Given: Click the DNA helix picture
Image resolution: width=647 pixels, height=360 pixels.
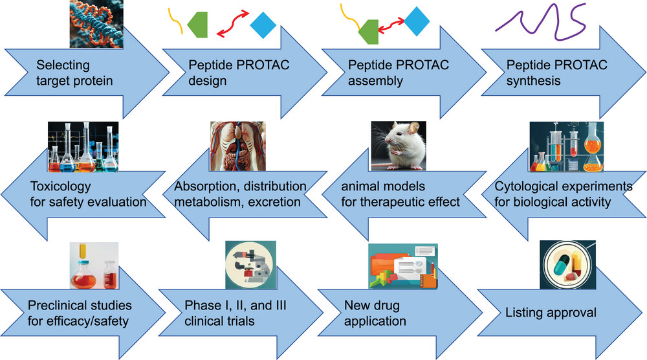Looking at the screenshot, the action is point(96,23).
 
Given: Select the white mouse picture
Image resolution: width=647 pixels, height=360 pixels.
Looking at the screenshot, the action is point(399,146).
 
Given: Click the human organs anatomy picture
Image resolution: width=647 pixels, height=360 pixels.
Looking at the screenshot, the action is point(238,146).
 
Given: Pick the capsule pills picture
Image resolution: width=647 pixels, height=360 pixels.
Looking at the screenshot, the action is point(568,265).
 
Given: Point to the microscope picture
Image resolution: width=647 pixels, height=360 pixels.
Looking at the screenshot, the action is point(251,265).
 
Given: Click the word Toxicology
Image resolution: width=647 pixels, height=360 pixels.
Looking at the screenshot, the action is point(60,186).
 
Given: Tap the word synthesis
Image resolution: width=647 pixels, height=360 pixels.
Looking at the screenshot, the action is point(533,80).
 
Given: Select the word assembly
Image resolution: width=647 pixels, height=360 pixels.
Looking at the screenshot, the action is point(375,80).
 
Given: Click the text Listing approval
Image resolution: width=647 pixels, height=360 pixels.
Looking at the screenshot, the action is point(551,313).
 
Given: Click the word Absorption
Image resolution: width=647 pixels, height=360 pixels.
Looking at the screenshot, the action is point(205,186).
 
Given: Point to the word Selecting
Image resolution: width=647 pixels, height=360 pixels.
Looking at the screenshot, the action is point(63,65).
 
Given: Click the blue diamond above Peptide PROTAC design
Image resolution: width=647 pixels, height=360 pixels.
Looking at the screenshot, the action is point(263,25).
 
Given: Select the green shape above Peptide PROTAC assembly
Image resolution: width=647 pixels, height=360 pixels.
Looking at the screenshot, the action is point(368,32).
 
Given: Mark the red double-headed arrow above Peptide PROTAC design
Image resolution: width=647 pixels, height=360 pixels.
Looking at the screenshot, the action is point(233,24).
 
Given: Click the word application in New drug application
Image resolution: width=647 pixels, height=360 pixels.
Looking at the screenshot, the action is point(375,321).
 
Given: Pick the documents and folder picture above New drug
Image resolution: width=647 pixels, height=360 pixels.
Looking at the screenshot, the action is point(403,266).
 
